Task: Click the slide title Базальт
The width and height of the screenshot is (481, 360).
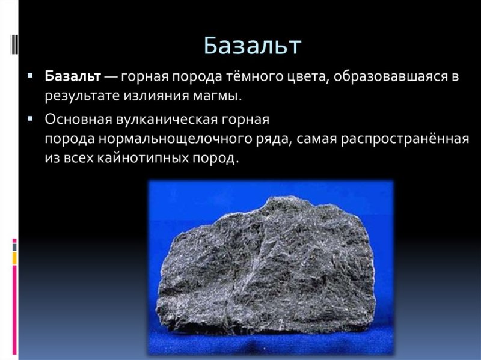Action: pyautogui.click(x=251, y=45)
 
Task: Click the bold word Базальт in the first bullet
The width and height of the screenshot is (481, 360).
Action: pyautogui.click(x=72, y=78)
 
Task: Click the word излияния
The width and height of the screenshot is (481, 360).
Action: pyautogui.click(x=159, y=96)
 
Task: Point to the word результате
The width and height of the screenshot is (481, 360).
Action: pyautogui.click(x=81, y=96)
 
